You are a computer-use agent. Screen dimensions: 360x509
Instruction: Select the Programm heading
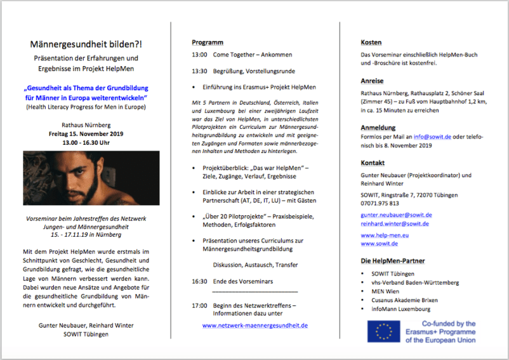[x=208, y=43]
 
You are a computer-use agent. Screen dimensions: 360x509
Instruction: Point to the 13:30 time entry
[x=199, y=71]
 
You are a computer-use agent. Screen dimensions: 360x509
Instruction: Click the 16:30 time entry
[x=199, y=280]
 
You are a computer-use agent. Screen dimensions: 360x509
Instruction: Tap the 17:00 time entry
[x=199, y=305]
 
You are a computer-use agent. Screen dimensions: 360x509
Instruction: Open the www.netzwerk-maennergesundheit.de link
[x=255, y=325]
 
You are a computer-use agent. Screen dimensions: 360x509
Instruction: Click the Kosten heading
[x=371, y=43]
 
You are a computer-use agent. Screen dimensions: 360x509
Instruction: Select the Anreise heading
[x=373, y=81]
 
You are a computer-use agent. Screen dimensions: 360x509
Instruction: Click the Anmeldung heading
[x=378, y=128]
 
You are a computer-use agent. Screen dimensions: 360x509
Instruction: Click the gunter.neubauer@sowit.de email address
[x=396, y=215]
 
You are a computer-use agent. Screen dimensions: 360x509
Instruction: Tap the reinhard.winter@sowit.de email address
[x=396, y=223]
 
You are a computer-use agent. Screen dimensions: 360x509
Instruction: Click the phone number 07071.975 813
[x=380, y=203]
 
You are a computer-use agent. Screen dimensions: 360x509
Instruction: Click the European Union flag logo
[x=383, y=331]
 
